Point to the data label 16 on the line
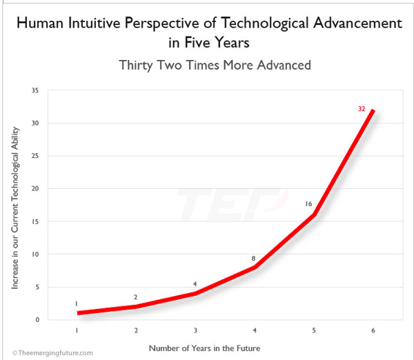point(310,204)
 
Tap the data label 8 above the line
point(253,259)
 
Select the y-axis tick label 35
point(34,90)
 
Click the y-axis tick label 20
point(34,189)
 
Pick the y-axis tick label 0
point(37,320)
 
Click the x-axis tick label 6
point(373,331)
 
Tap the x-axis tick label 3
point(195,331)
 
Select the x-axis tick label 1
point(77,331)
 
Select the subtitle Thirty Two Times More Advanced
point(215,66)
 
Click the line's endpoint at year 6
point(373,110)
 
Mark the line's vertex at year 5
point(313,215)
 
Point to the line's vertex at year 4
point(254,268)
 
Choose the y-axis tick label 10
point(34,254)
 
